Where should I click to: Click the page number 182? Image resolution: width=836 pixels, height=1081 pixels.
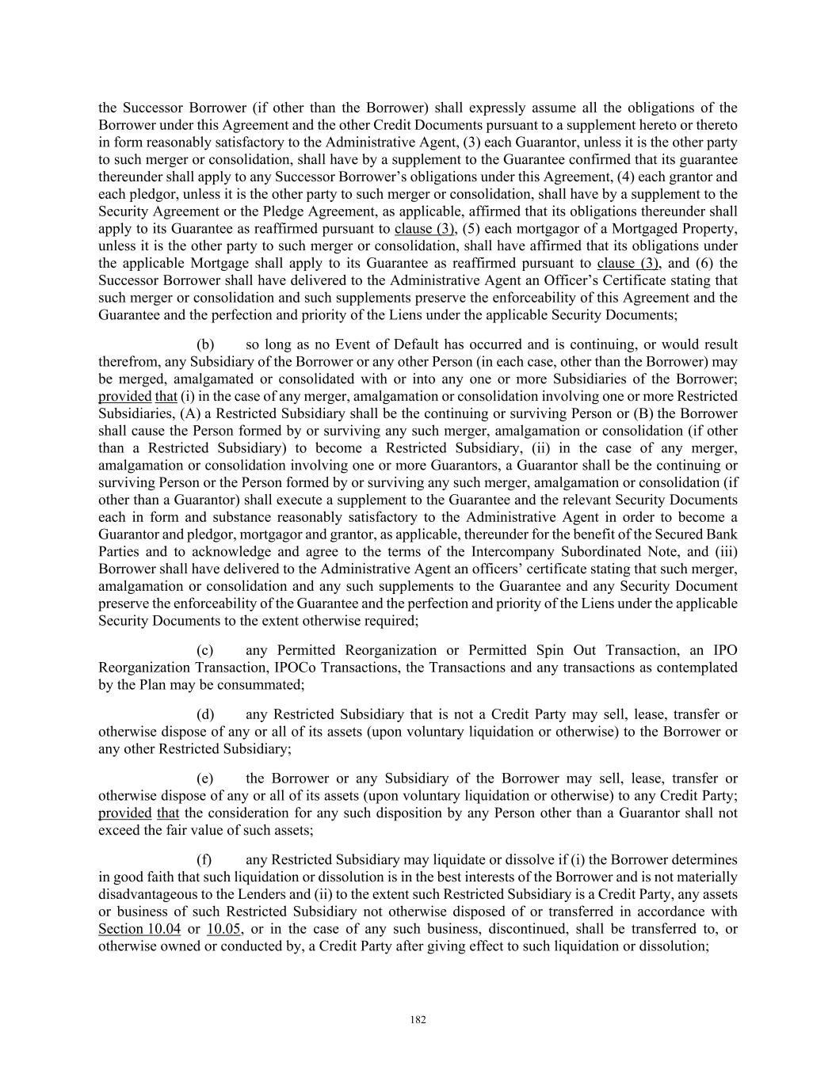tap(418, 1020)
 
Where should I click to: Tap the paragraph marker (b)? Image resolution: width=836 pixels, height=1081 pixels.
tap(205, 344)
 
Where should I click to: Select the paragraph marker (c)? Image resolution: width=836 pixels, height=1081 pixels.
tap(204, 650)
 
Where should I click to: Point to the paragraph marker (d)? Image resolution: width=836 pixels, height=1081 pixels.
tap(205, 714)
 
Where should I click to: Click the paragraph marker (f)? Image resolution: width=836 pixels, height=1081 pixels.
tap(204, 860)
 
